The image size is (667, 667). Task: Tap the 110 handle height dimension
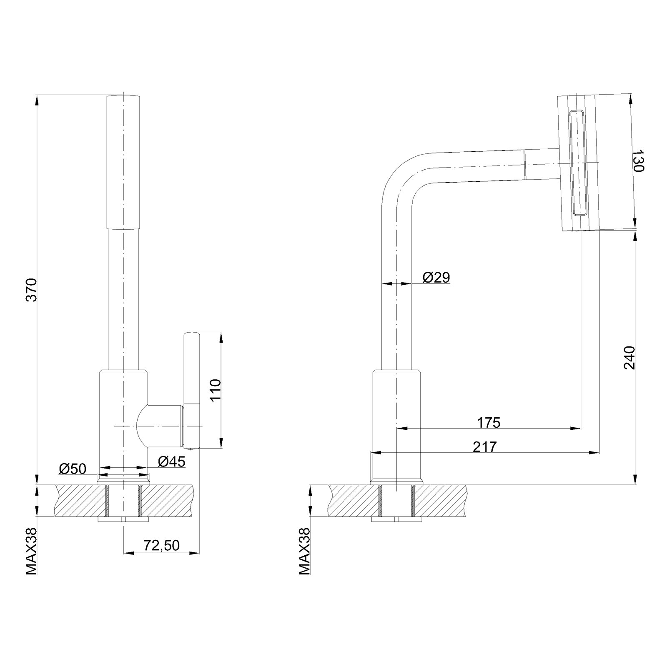(216, 390)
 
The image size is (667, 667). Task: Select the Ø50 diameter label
(73, 469)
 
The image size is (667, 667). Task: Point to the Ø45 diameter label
(171, 461)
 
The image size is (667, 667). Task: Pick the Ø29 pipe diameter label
(436, 277)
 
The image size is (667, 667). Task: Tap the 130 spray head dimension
(638, 161)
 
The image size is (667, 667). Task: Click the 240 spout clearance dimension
(629, 358)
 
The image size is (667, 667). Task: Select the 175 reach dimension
(488, 422)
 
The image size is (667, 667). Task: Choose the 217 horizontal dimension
(485, 447)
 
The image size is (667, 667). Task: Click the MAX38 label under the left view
(32, 552)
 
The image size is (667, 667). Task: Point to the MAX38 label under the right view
(305, 552)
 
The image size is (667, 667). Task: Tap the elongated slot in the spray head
(577, 163)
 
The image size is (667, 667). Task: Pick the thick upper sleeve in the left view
(123, 162)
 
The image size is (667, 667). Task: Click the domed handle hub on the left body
(160, 426)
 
